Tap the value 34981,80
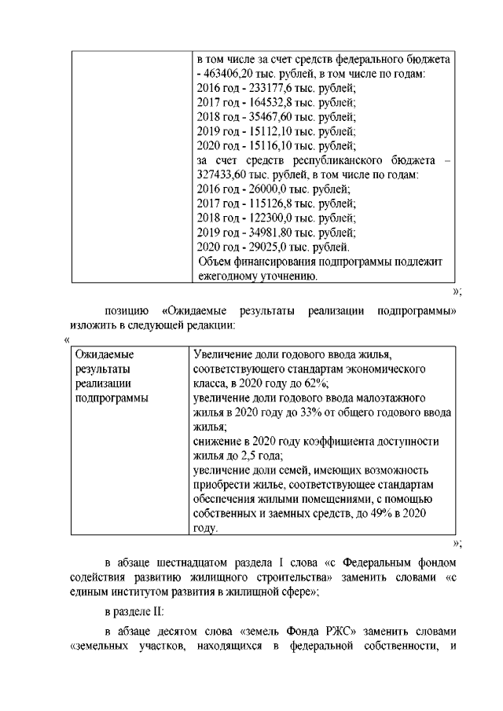click(x=270, y=233)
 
